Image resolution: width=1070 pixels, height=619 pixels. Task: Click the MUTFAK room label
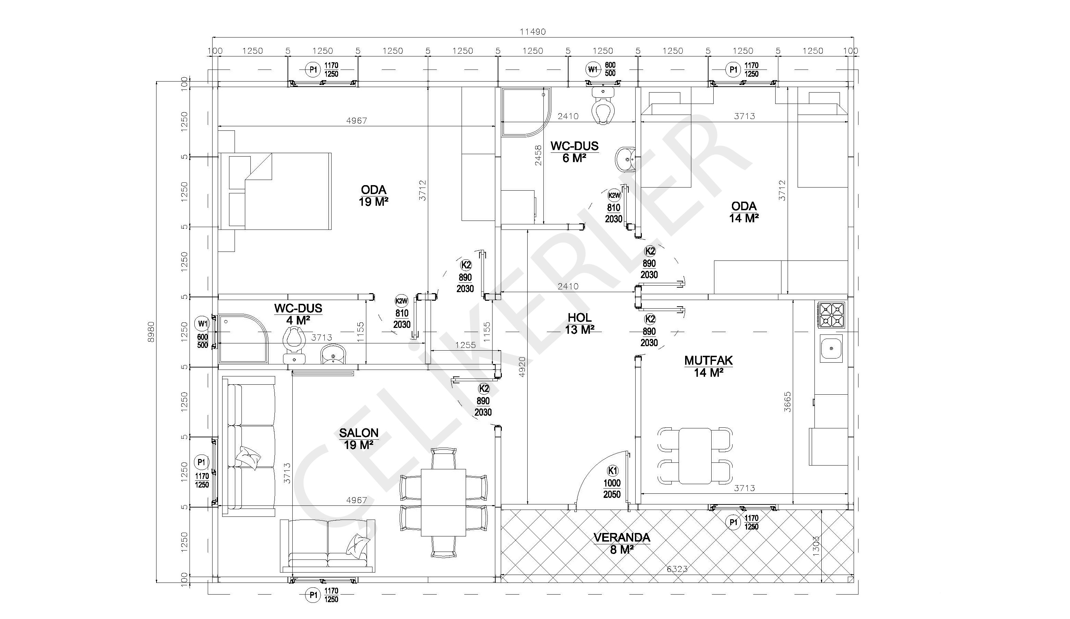[708, 361]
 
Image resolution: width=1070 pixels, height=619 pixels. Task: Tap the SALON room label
[359, 433]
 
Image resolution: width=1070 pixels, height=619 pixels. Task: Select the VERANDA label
[622, 537]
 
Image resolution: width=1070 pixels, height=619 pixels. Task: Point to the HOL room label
[580, 317]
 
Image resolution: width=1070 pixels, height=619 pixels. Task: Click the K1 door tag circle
[612, 471]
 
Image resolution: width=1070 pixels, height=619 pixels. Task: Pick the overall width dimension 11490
[533, 31]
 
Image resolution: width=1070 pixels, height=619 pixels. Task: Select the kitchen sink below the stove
[831, 348]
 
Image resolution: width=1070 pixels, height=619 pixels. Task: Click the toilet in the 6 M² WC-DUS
[603, 105]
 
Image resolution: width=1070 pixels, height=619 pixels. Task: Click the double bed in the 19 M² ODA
[275, 191]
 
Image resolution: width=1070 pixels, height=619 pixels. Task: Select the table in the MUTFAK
[695, 456]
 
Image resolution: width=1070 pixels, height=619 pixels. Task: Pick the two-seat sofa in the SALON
[328, 545]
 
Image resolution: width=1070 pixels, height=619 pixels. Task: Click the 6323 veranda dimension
[677, 569]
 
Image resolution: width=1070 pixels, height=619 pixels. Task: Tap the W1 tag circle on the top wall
[592, 69]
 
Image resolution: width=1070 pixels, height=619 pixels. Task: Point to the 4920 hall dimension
[522, 367]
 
